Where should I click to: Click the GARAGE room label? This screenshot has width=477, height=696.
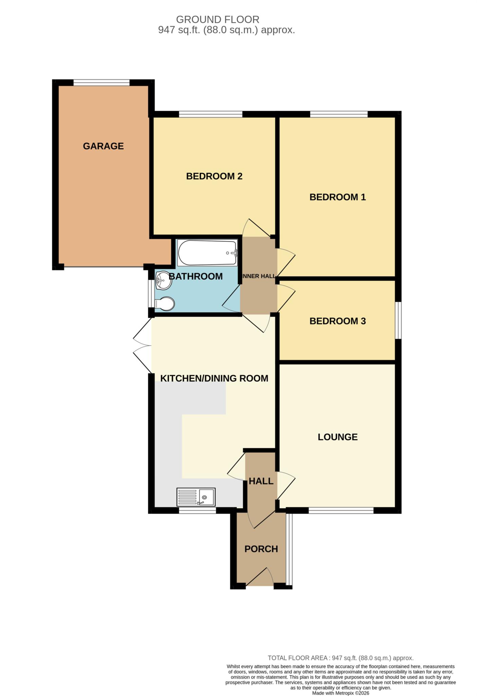[103, 146]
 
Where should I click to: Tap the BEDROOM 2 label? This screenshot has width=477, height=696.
[214, 176]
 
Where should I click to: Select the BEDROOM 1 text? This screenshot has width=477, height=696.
[337, 197]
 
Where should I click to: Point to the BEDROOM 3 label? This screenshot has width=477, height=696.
[337, 321]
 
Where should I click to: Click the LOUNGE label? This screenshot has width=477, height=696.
[337, 437]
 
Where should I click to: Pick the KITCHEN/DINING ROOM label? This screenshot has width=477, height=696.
[214, 378]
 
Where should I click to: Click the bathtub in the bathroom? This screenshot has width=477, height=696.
[207, 253]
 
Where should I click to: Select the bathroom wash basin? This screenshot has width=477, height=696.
[164, 281]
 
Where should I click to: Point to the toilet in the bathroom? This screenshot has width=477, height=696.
[164, 303]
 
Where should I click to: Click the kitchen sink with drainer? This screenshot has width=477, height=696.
[196, 497]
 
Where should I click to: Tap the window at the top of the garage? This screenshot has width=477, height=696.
[102, 83]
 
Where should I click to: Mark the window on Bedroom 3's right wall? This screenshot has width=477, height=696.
[398, 320]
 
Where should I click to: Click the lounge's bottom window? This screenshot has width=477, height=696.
[341, 510]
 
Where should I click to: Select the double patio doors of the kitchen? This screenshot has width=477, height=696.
[143, 345]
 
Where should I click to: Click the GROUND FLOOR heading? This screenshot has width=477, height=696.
[218, 19]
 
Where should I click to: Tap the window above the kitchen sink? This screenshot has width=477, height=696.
[198, 510]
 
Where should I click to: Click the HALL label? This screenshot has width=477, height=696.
[261, 481]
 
